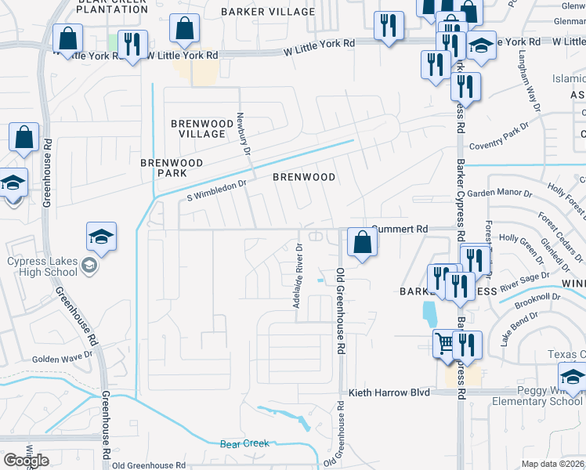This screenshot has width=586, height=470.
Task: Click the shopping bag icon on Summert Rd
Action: (x=362, y=241)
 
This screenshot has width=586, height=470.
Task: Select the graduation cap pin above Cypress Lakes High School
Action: (x=101, y=236)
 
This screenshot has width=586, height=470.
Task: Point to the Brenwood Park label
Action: (x=172, y=168)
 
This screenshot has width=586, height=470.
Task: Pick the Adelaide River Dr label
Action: (x=298, y=275)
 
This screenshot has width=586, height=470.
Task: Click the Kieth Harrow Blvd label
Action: (x=389, y=392)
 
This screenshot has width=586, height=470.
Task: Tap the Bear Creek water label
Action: (x=244, y=443)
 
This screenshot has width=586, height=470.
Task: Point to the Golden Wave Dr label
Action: (x=62, y=359)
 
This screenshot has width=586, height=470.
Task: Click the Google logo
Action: (x=26, y=460)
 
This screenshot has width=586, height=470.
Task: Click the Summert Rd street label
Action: (x=400, y=229)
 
